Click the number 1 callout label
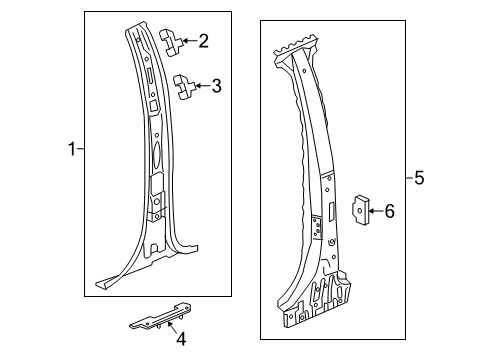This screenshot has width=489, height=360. click(71, 150)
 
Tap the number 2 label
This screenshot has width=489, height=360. click(203, 41)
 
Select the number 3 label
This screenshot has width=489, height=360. click(216, 87)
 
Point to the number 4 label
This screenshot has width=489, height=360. click(181, 339)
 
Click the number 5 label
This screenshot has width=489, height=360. click(420, 178)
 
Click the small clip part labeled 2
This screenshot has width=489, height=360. click(172, 40)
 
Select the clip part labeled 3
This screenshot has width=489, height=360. click(184, 86)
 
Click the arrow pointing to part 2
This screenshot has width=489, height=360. click(190, 41)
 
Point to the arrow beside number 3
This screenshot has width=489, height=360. click(203, 87)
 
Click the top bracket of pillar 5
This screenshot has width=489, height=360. click(297, 45)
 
